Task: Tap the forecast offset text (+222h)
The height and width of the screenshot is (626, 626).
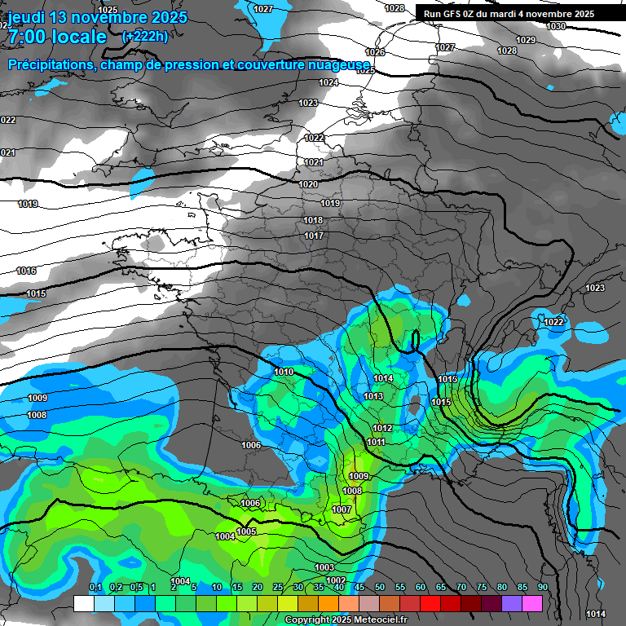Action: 145,36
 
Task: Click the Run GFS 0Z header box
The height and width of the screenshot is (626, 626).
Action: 509,13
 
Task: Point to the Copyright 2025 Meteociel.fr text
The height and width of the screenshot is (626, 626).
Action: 346,619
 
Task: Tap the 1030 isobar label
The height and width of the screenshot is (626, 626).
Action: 556,26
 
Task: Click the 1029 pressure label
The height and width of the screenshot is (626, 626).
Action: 526,40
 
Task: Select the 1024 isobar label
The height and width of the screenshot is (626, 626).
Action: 328,82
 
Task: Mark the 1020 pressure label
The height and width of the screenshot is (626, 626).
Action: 308,185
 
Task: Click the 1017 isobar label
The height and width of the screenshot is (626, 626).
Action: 314,236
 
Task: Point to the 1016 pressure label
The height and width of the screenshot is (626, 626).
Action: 26,271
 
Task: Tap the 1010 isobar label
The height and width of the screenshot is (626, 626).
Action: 284,372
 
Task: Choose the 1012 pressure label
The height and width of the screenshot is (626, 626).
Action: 382,428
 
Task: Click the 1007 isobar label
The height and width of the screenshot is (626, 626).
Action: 342,509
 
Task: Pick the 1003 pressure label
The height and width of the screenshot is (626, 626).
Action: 324,567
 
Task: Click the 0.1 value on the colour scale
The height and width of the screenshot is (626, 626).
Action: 95,588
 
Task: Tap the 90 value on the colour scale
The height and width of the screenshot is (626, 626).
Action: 542,588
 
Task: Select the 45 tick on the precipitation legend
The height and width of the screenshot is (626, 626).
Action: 359,588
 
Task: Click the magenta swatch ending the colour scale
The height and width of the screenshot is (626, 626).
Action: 532,603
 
